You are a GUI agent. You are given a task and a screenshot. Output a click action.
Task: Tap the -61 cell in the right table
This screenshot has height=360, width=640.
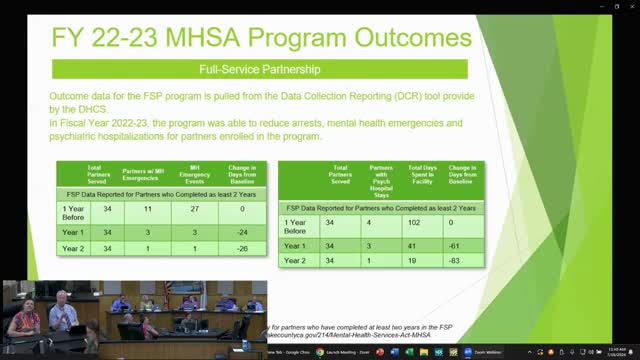click(458, 245)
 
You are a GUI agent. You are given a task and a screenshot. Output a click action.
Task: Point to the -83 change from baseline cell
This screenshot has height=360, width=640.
click(458, 260)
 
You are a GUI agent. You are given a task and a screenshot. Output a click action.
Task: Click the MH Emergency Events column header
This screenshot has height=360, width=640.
click(194, 174)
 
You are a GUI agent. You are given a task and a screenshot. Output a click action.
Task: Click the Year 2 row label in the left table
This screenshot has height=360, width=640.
click(72, 248)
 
